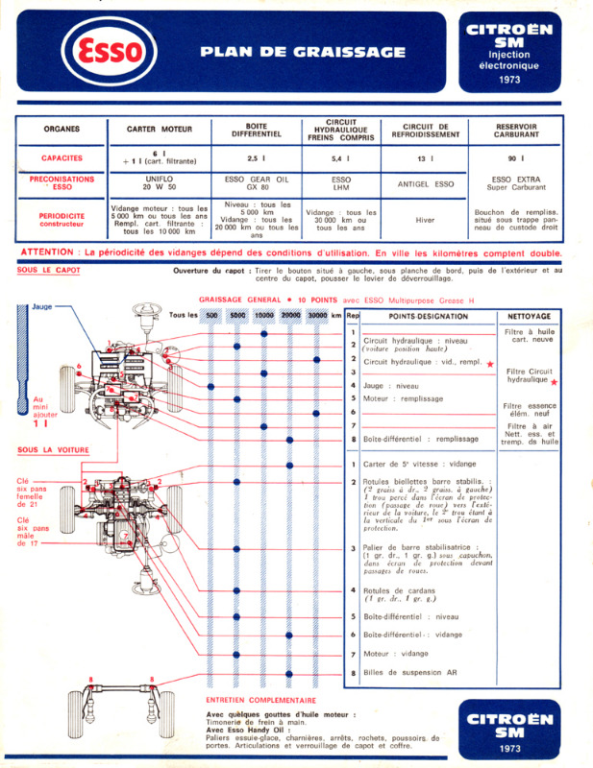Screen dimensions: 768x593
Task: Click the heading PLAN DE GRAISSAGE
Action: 303,53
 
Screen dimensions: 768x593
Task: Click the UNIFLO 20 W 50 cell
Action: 160,183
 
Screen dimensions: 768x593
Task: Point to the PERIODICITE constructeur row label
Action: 61,220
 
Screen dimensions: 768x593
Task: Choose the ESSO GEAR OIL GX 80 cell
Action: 257,183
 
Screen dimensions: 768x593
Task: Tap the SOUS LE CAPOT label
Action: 49,270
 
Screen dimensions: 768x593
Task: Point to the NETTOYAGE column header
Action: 529,316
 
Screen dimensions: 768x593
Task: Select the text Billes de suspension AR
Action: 410,674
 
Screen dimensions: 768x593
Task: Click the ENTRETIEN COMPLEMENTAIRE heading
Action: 260,701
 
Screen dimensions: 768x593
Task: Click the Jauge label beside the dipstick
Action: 42,308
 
